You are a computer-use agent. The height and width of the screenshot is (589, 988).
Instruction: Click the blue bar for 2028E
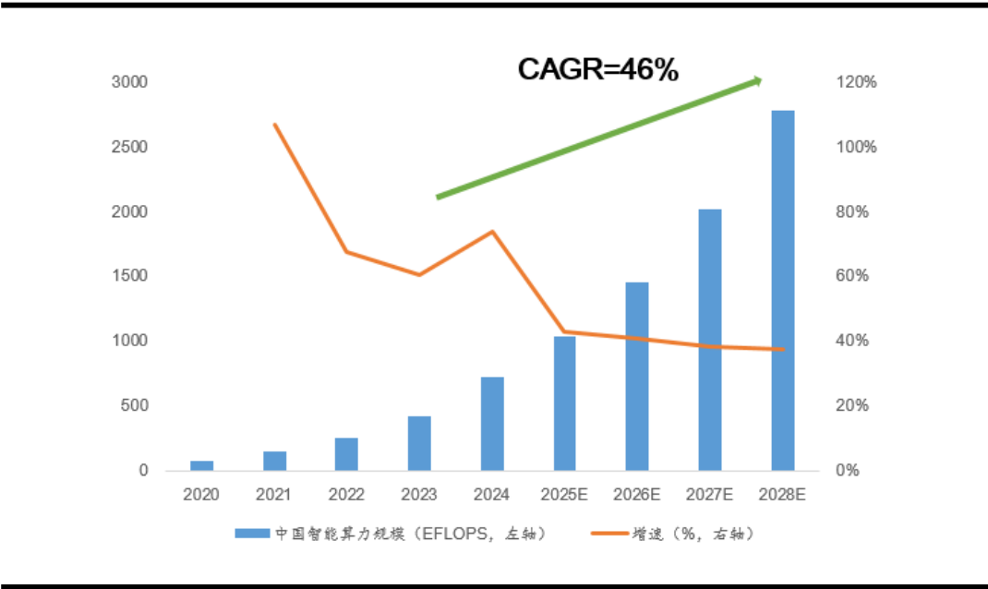[783, 291]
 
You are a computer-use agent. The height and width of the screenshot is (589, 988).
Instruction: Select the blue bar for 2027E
[709, 340]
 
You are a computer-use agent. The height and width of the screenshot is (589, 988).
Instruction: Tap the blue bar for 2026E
[637, 377]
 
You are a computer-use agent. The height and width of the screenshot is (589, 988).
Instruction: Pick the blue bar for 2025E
[565, 403]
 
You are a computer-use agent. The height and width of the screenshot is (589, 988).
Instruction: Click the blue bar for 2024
[492, 424]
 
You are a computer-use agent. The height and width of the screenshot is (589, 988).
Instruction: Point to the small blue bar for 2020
[202, 465]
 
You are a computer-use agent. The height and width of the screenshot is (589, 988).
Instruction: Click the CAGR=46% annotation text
[597, 69]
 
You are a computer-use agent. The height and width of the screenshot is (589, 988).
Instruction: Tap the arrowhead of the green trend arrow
[757, 81]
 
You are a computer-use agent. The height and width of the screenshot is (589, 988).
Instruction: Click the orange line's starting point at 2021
[274, 124]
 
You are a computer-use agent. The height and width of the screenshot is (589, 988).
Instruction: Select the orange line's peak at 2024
[492, 231]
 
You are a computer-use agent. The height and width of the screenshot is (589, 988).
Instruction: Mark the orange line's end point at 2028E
[783, 349]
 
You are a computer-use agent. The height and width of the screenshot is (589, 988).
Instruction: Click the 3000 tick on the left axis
[130, 82]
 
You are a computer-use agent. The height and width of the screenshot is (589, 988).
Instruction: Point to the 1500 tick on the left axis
[130, 276]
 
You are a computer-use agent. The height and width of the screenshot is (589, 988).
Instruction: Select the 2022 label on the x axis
[346, 495]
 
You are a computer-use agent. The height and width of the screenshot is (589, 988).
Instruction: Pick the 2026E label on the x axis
[637, 495]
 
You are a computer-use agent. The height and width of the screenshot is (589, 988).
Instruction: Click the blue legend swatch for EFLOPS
[251, 534]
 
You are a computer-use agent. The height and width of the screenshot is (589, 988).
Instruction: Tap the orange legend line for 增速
[608, 534]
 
